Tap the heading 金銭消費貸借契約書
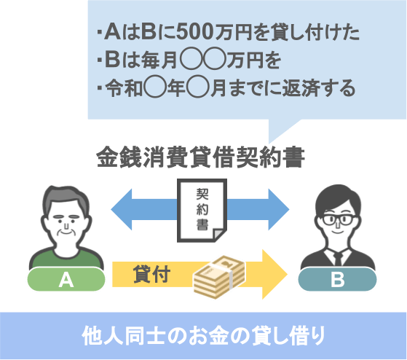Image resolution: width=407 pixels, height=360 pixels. [x=200, y=157]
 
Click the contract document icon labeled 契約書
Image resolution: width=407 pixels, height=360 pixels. [x=202, y=211]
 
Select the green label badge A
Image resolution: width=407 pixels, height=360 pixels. [x=66, y=280]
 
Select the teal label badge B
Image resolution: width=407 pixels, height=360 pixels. [x=337, y=280]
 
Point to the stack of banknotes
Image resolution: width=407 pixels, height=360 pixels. [x=219, y=277]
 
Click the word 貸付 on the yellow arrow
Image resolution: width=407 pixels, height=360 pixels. [x=151, y=274]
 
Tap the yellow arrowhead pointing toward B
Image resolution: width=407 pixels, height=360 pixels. [x=274, y=274]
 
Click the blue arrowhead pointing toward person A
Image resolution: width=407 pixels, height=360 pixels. [x=122, y=209]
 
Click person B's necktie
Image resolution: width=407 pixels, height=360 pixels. [x=338, y=259]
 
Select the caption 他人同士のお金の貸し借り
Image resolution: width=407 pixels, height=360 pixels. [x=203, y=335]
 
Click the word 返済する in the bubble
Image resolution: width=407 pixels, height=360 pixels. [x=319, y=89]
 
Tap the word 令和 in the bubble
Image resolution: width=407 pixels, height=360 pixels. [x=124, y=88]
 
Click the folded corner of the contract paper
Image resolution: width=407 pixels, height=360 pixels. [x=219, y=234]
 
